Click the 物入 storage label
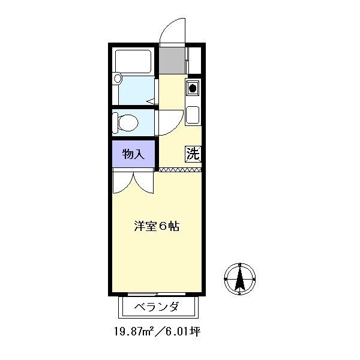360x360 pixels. click(133, 154)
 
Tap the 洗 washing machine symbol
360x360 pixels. click(193, 154)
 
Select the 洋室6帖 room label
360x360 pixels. click(157, 226)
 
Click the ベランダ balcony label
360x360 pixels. click(157, 307)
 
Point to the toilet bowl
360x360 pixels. click(128, 122)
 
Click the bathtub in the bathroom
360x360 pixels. click(133, 61)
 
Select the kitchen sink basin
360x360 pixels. click(193, 115)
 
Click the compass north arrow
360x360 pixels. click(239, 279)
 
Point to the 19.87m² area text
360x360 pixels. click(134, 332)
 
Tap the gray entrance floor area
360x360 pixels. click(172, 61)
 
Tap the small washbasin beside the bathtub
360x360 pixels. click(118, 78)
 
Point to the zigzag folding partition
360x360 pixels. click(180, 170)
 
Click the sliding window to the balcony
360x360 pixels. click(157, 293)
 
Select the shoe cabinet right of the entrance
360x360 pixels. click(194, 61)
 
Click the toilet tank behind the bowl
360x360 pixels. click(115, 122)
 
